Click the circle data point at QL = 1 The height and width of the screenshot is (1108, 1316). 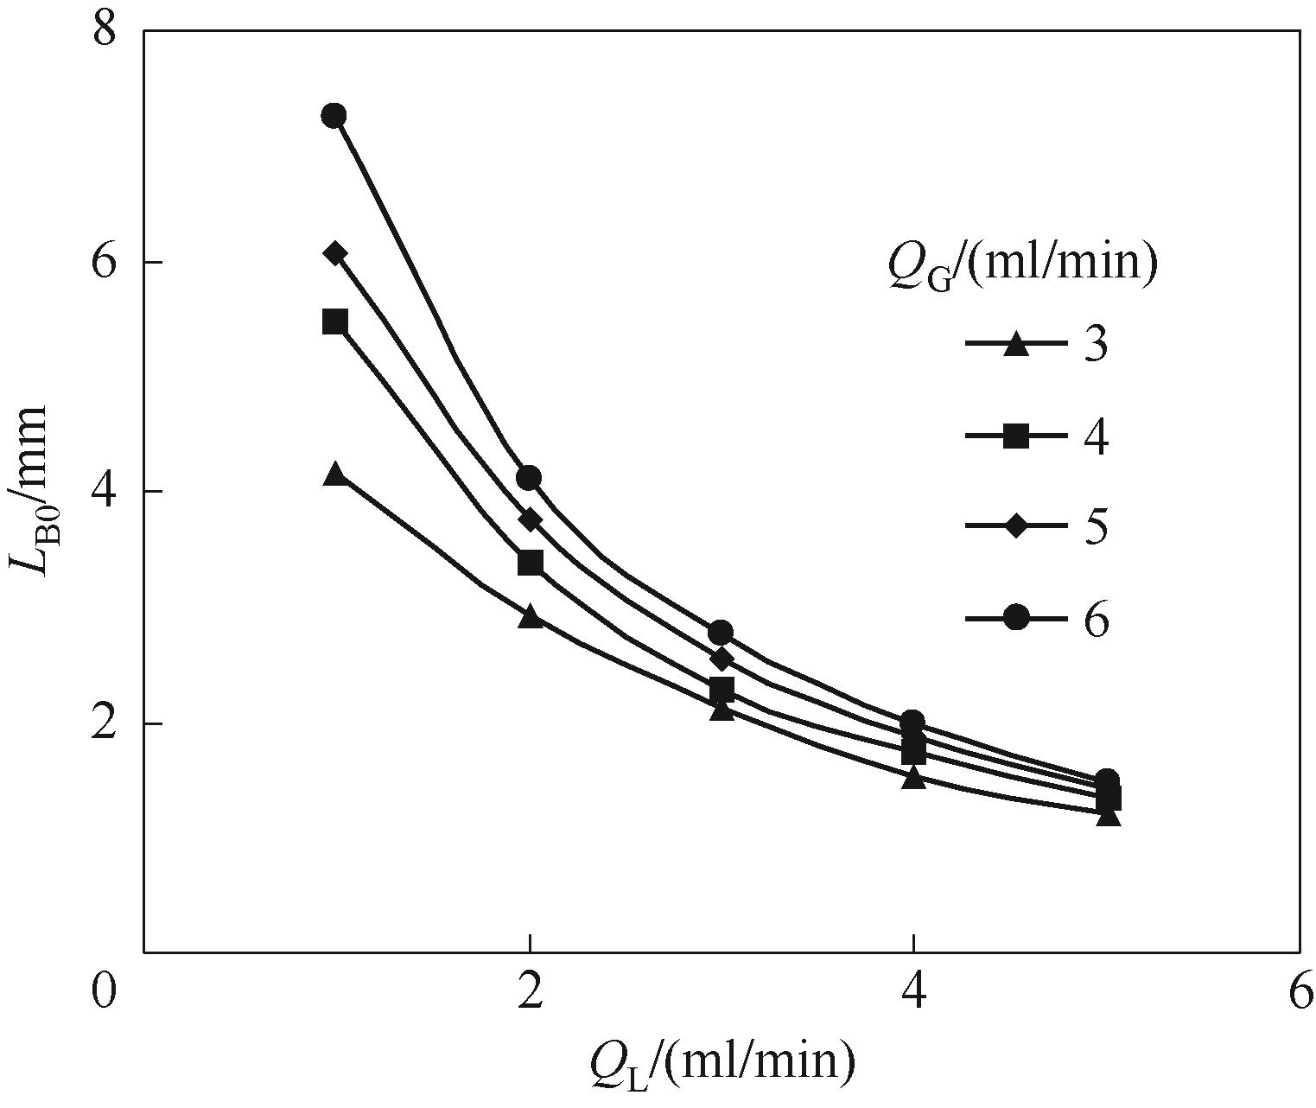pos(334,116)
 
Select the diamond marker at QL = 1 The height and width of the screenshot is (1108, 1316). pos(335,253)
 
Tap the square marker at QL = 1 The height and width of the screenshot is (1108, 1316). pos(335,322)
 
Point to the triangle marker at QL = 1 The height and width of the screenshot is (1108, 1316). pos(335,474)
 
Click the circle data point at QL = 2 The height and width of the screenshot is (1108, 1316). pos(529,478)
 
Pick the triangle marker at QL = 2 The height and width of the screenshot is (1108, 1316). pos(530,616)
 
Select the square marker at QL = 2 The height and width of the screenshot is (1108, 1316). pos(530,563)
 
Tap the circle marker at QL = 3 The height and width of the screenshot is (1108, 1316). pos(721,633)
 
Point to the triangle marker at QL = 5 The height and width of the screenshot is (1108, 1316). pos(1108,815)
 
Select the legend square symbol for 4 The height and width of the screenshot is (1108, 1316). pos(1017,436)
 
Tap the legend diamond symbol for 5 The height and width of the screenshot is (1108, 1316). pos(1017,526)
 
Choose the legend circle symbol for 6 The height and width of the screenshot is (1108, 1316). pos(1017,618)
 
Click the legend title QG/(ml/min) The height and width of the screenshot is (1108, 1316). pos(1021,263)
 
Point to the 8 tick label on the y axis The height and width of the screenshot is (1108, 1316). pos(105,31)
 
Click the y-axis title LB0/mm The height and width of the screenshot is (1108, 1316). pos(32,491)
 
